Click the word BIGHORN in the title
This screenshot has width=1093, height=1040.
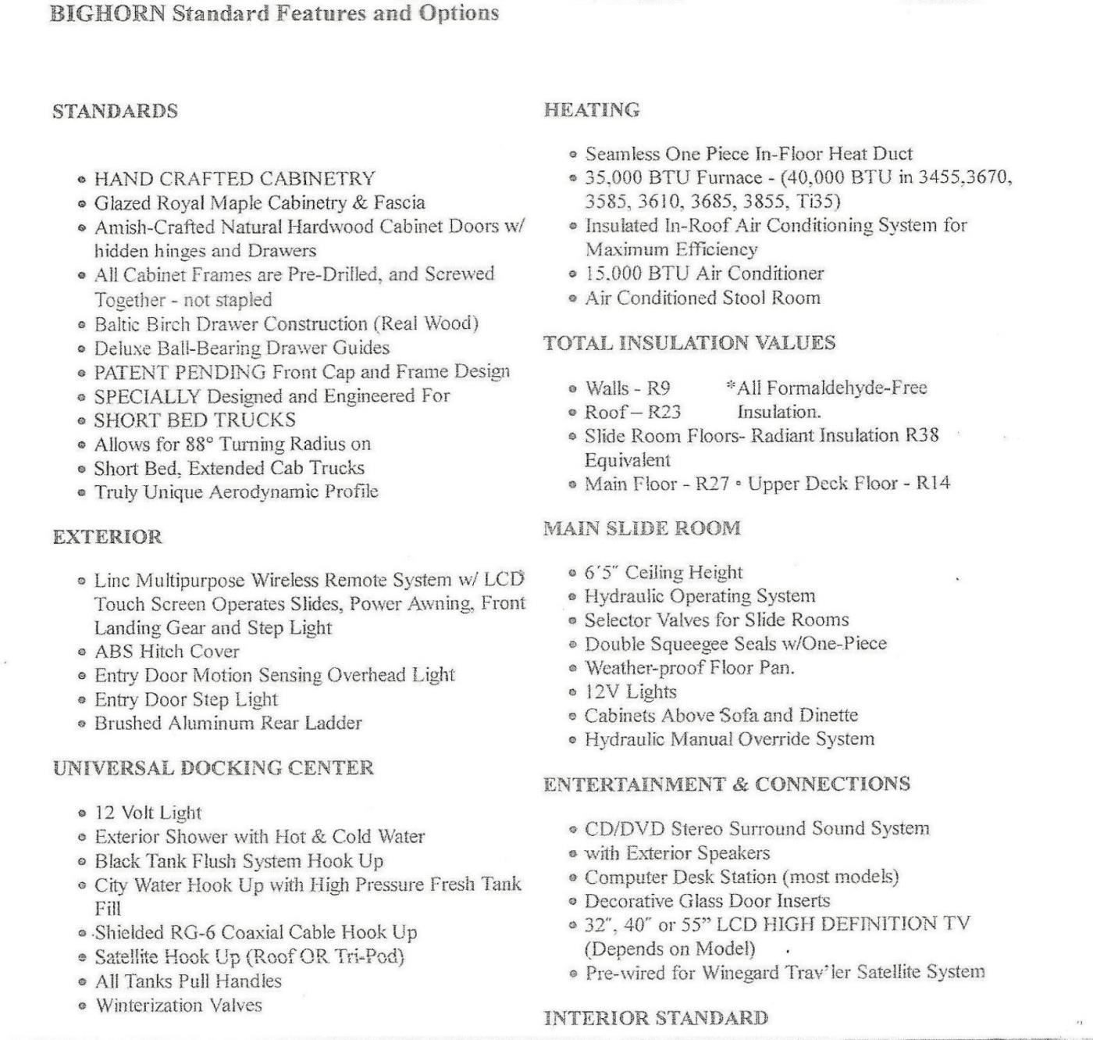(x=107, y=13)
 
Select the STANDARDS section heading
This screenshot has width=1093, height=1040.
(x=115, y=111)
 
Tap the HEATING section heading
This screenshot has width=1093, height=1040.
(x=592, y=110)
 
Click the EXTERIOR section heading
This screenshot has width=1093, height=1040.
(x=108, y=537)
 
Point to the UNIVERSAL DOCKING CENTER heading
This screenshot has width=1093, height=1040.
(x=213, y=767)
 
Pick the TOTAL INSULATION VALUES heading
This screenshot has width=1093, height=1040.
(x=689, y=343)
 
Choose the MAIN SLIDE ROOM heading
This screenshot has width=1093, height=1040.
(x=642, y=528)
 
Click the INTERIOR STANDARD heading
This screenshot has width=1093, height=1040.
(x=656, y=1017)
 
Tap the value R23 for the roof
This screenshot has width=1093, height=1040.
(x=664, y=412)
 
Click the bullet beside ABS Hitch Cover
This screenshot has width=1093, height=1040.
(x=82, y=652)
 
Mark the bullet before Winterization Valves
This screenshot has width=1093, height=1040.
(x=82, y=1006)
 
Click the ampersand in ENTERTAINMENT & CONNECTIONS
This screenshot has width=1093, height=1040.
(x=739, y=784)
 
